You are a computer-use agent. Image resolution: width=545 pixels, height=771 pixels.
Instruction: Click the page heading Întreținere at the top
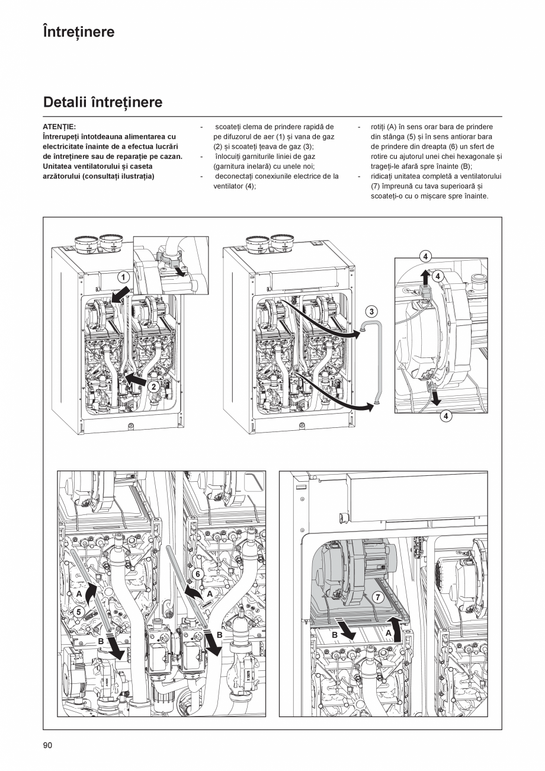point(79,32)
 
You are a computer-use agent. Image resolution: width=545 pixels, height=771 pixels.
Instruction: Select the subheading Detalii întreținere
point(102,103)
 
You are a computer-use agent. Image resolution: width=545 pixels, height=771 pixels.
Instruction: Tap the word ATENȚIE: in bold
point(59,127)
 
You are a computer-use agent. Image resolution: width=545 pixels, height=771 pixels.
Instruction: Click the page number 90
point(48,745)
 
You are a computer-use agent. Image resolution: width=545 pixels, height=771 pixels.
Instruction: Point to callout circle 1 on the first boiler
point(123,277)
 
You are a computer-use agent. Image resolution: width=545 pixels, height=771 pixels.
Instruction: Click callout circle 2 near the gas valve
point(153,386)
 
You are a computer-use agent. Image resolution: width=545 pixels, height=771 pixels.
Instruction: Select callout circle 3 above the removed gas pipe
point(371,311)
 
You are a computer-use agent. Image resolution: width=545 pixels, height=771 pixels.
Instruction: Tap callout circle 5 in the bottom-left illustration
point(79,611)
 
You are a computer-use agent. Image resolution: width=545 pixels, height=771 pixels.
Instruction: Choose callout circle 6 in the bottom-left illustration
point(198,574)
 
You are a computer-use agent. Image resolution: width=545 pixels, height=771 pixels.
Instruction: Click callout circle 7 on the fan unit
point(379,597)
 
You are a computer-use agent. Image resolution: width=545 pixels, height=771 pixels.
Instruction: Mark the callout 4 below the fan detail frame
point(446,416)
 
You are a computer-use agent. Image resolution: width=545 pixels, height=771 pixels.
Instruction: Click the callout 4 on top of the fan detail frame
point(425,257)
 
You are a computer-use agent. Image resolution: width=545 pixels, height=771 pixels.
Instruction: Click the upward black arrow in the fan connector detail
point(424,277)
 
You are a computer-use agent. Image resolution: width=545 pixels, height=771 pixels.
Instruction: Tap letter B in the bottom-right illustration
point(335,635)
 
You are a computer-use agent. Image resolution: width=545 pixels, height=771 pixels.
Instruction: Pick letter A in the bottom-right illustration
point(389,632)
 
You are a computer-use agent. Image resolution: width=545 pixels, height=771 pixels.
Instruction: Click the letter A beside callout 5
point(79,593)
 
